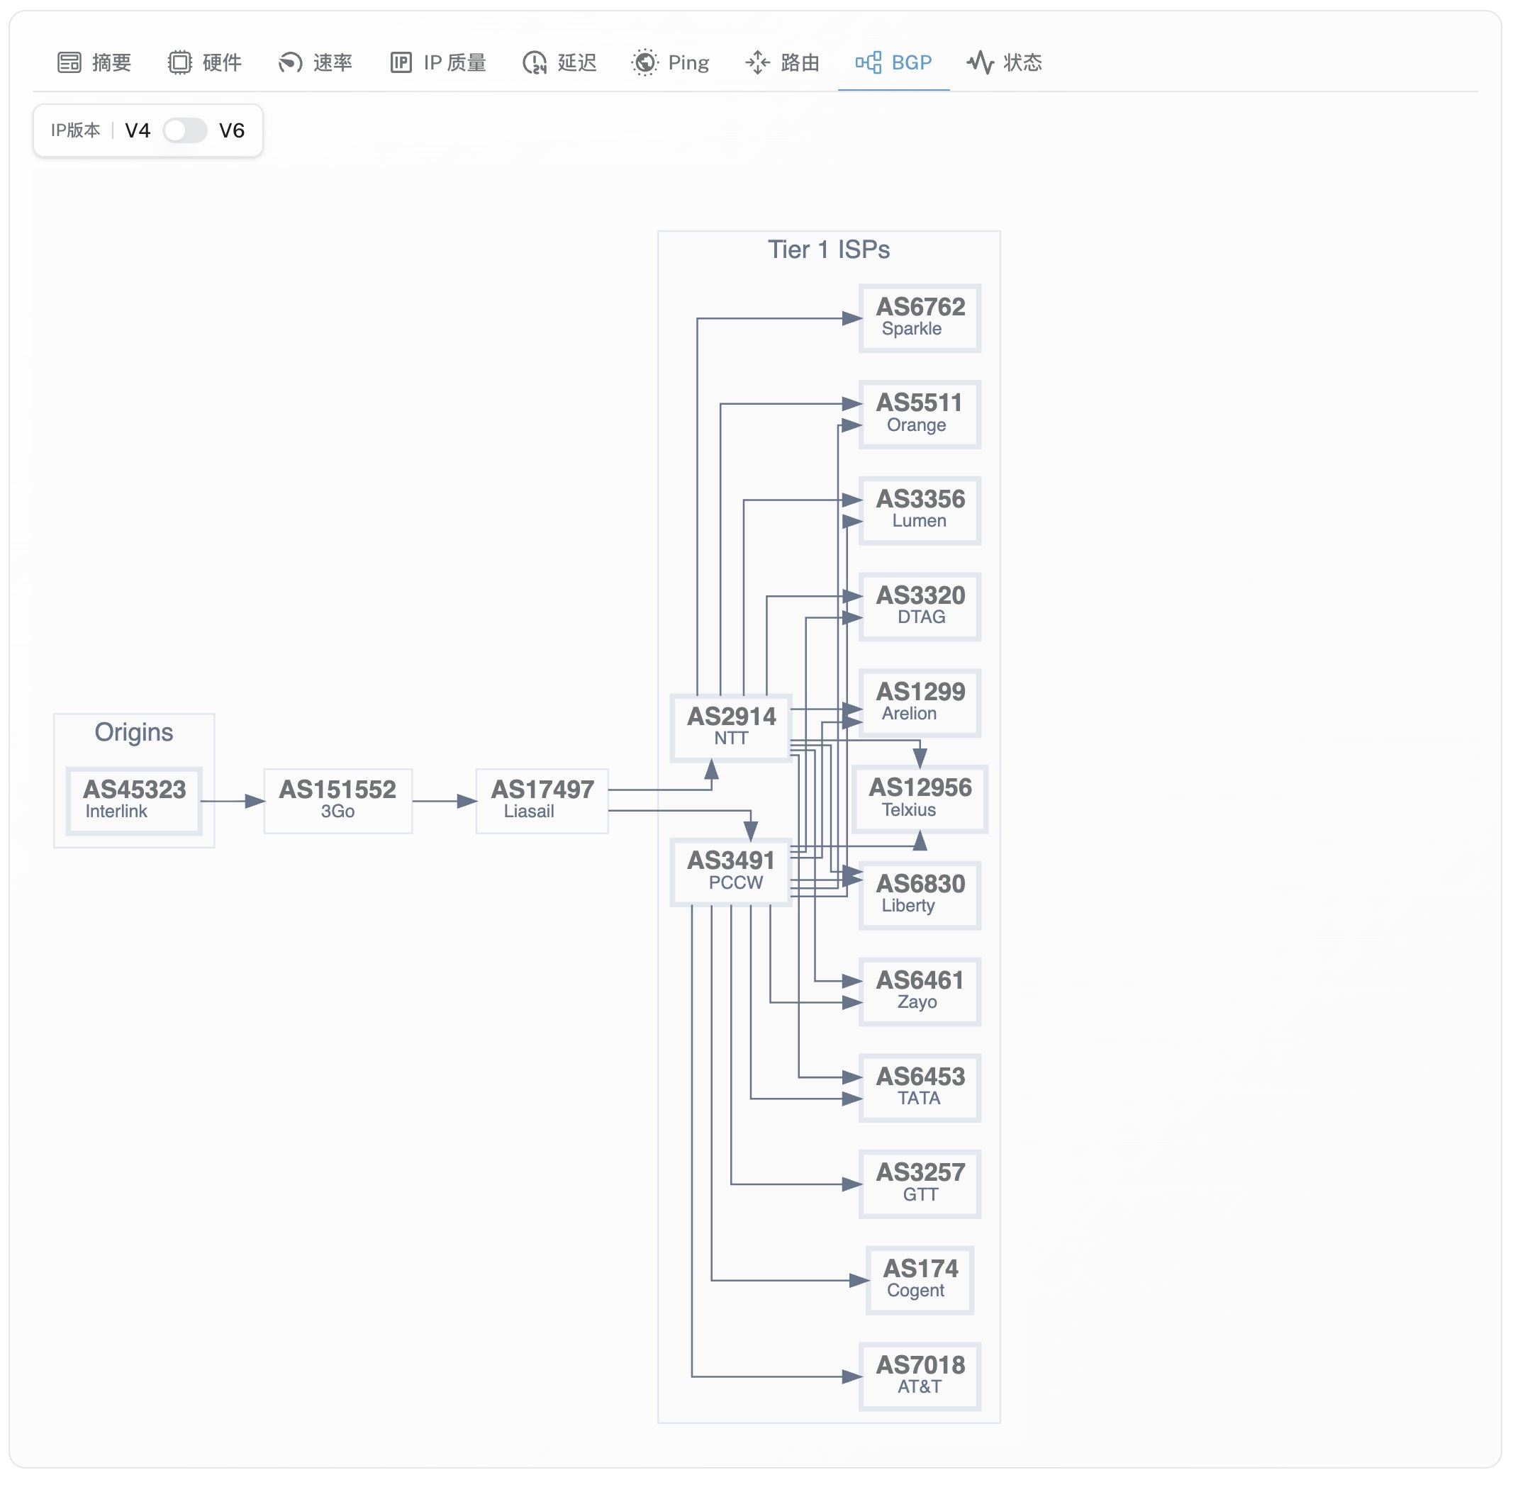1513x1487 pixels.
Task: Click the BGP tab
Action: pos(893,62)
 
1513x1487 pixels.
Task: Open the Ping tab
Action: pos(671,62)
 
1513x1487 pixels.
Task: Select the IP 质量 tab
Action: pos(438,62)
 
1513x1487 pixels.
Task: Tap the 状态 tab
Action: pos(1005,62)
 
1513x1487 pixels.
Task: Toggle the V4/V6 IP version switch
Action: pos(185,130)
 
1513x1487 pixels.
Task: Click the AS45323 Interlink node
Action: pos(134,800)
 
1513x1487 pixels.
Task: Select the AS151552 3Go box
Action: pos(337,800)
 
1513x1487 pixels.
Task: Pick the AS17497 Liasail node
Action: pos(542,800)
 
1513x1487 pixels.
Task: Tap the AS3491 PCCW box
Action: pos(731,871)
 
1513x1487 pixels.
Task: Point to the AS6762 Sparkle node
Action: pos(920,318)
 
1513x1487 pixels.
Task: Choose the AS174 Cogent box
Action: pos(920,1279)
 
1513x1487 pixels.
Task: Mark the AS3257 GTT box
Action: pos(920,1183)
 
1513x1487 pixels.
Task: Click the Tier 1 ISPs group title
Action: pos(828,249)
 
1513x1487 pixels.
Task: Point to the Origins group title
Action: pos(133,731)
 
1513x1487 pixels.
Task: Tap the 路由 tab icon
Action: pos(757,62)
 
